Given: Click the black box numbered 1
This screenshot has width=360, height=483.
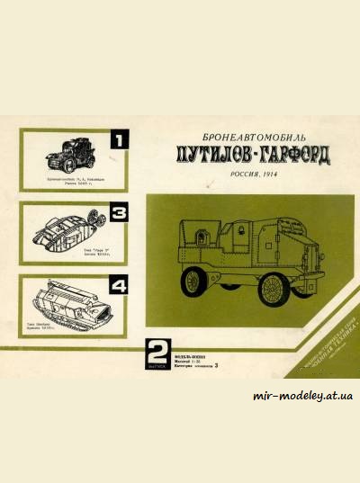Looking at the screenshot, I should (x=120, y=139).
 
